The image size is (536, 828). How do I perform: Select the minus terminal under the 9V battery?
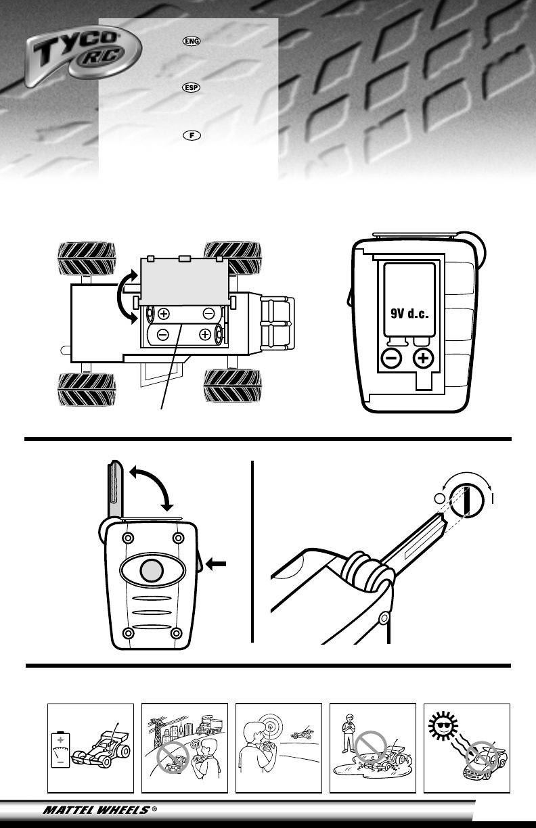(x=391, y=358)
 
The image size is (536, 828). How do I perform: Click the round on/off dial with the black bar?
(x=466, y=498)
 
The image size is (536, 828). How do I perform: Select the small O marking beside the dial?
(x=440, y=499)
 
